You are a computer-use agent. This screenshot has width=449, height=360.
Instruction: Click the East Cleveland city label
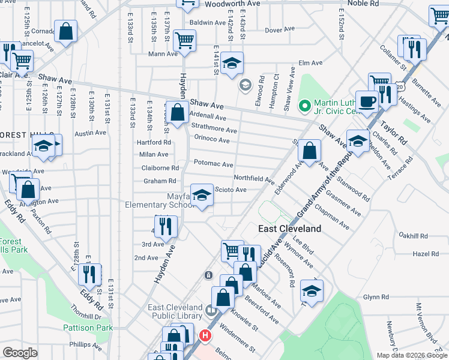click(x=290, y=229)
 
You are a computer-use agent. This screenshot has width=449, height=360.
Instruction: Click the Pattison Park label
click(x=88, y=328)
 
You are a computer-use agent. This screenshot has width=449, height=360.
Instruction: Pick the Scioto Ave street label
click(x=231, y=190)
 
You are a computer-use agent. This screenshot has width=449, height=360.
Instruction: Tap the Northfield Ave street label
click(x=254, y=179)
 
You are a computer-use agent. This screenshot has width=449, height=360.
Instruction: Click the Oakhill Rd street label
click(x=416, y=236)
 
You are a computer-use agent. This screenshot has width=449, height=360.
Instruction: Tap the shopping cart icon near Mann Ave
click(x=184, y=41)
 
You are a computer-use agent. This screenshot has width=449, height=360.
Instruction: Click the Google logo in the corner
click(x=20, y=353)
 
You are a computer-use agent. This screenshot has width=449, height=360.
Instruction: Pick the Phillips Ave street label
click(x=85, y=345)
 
